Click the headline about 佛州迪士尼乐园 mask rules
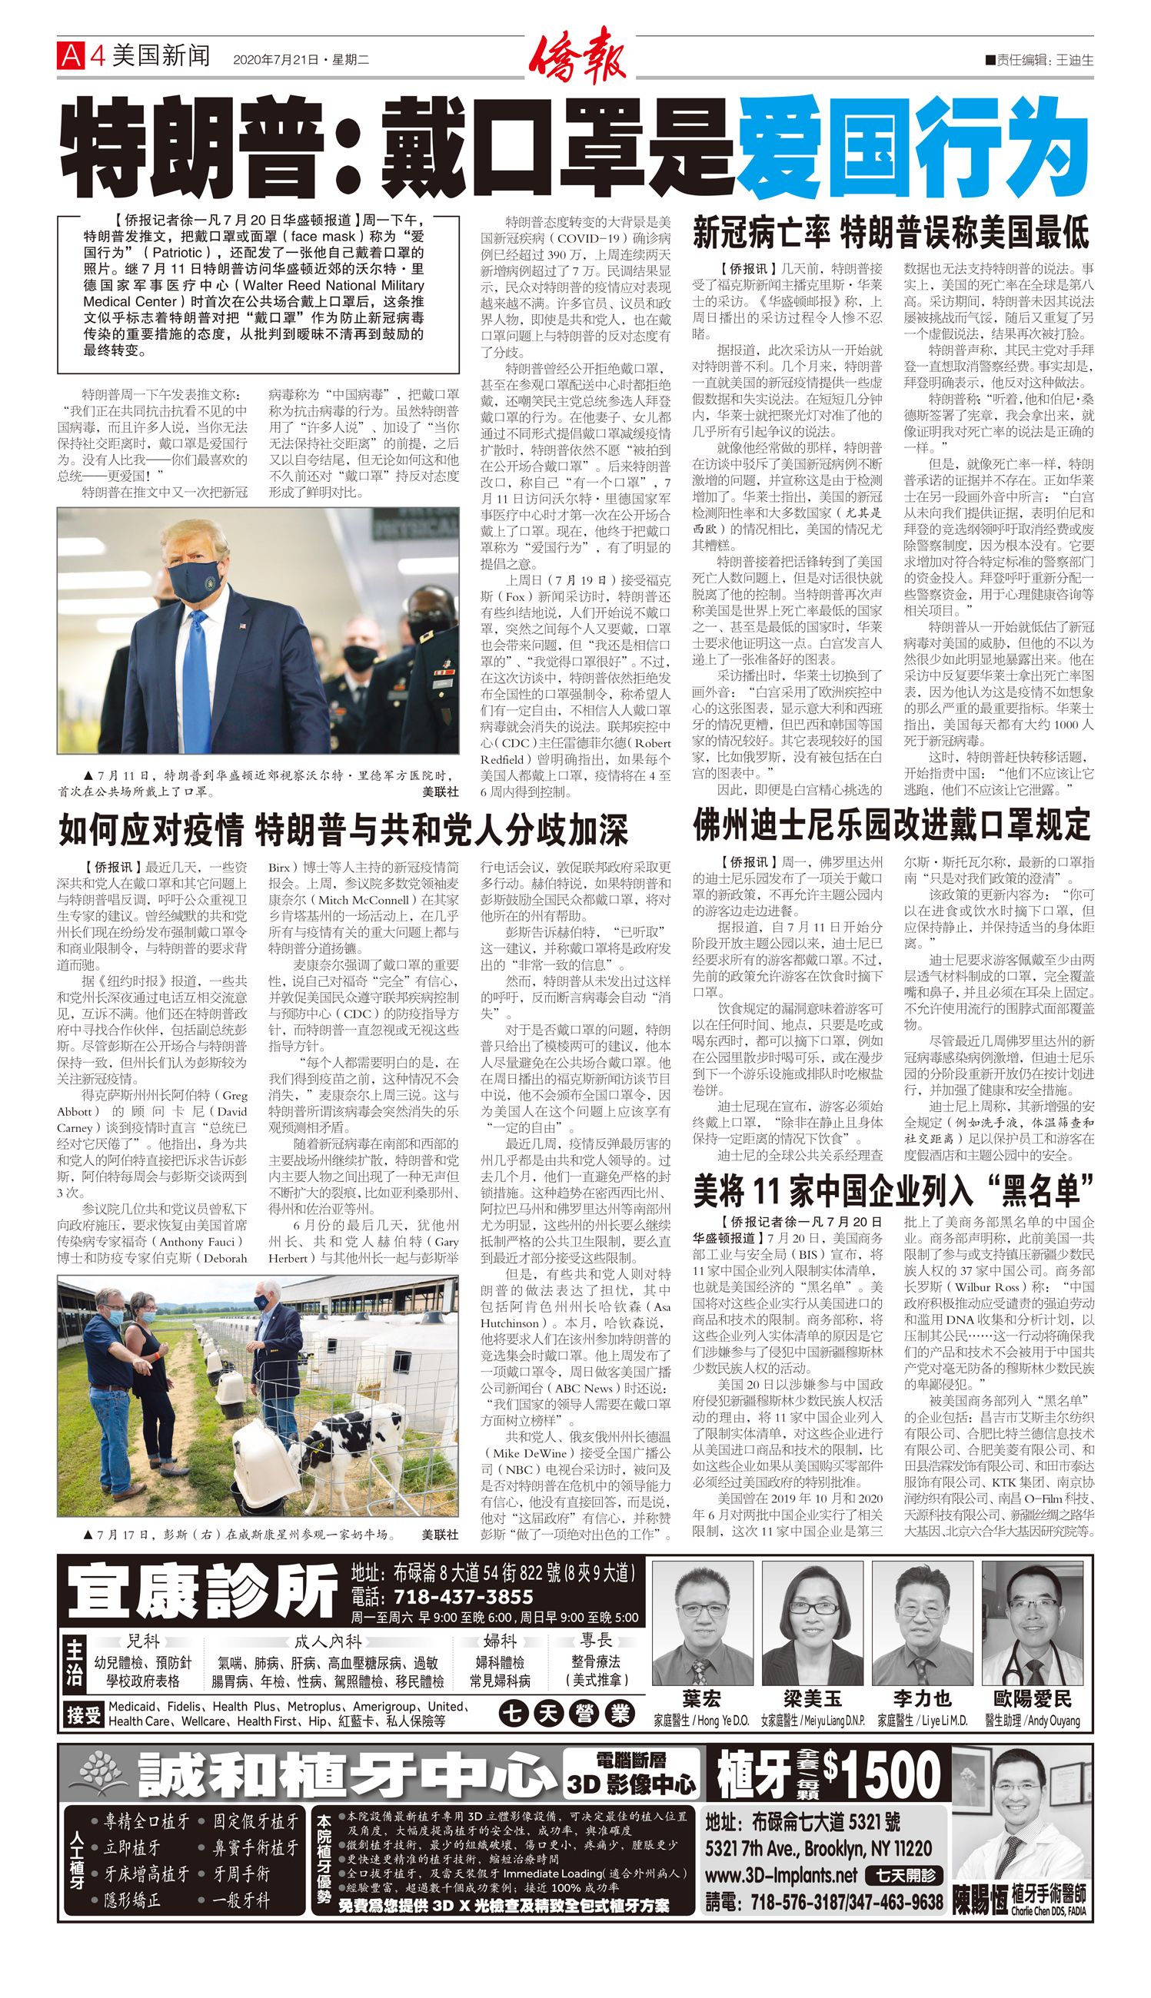tap(891, 825)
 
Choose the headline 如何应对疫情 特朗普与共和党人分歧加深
tap(343, 831)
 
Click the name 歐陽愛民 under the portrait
tap(1033, 1698)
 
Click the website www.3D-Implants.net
tap(781, 1874)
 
